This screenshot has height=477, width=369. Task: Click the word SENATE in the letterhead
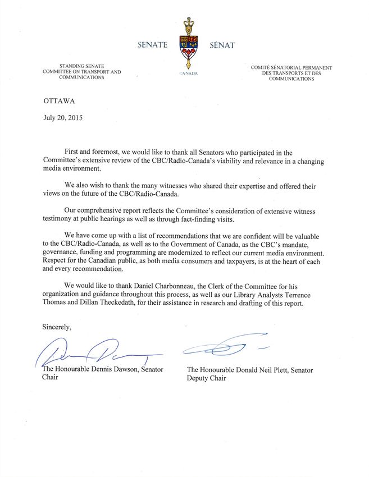pyautogui.click(x=152, y=45)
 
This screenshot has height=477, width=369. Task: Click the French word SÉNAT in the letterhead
pyautogui.click(x=221, y=45)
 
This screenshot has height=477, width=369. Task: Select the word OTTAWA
pyautogui.click(x=58, y=101)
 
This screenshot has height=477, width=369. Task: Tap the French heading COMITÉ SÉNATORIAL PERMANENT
pyautogui.click(x=291, y=67)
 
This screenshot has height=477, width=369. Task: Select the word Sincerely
pyautogui.click(x=57, y=327)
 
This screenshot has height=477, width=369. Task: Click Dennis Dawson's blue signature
pyautogui.click(x=95, y=352)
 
